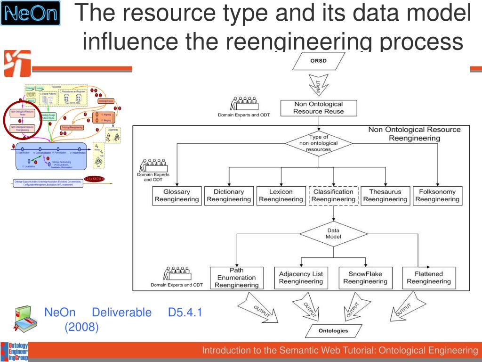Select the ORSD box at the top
click(318, 61)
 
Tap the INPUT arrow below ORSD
click(318, 86)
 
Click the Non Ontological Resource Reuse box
click(318, 108)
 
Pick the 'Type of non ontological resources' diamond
click(319, 143)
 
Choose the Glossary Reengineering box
click(177, 196)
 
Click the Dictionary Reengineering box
click(229, 196)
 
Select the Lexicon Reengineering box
click(281, 196)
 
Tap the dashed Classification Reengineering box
click(333, 196)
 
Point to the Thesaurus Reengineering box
click(385, 196)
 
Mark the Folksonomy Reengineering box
click(437, 196)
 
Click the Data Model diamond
click(333, 233)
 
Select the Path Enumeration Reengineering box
click(236, 278)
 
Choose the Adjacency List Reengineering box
click(301, 278)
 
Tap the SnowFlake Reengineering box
click(365, 278)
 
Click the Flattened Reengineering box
click(428, 278)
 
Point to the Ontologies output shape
click(333, 330)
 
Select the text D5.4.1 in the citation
click(185, 313)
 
